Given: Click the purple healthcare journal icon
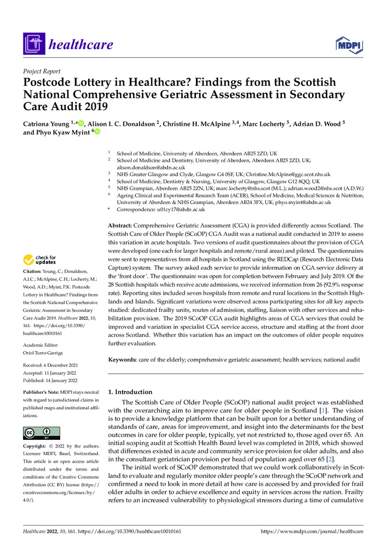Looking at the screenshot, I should (x=33, y=44).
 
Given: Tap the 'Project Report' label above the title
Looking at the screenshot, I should (x=42, y=72).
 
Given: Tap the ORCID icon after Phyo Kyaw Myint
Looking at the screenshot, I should (x=98, y=132).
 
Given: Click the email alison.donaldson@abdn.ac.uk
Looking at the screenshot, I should (x=151, y=167).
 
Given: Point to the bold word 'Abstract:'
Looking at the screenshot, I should (x=123, y=224).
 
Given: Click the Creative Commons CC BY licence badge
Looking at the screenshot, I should (x=42, y=433).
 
